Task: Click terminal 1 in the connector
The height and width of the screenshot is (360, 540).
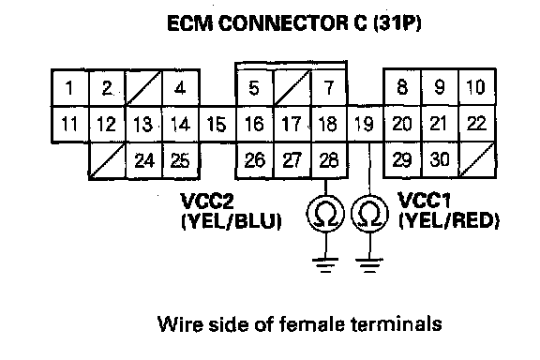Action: tap(70, 88)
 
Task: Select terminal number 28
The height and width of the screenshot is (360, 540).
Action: tap(329, 160)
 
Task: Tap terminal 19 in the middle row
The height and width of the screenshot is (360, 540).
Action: tap(365, 124)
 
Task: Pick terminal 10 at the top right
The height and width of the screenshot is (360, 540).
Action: tap(477, 87)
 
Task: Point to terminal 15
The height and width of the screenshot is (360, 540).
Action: tap(217, 124)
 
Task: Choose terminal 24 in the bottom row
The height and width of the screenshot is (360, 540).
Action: tap(144, 160)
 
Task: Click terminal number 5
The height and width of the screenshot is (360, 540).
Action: tap(255, 88)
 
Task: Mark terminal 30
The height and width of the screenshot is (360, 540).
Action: tap(440, 160)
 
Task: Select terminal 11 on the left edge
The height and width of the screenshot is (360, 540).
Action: tap(70, 124)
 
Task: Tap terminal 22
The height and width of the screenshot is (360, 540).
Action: tap(477, 124)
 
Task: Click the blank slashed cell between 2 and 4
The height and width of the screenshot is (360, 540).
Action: tap(144, 88)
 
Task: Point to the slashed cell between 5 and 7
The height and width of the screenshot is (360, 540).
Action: tap(292, 88)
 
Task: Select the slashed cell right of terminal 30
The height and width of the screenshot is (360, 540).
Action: tap(477, 160)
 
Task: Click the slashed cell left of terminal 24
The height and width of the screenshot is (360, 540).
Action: tap(108, 160)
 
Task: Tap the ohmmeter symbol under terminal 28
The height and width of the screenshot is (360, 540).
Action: tap(325, 214)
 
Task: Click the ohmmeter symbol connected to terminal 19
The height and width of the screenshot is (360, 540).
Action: tap(370, 214)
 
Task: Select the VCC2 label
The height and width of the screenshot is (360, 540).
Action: tap(207, 202)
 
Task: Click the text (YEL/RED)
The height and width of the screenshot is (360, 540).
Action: tap(449, 220)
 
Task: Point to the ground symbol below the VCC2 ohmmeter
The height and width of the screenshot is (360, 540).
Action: tap(325, 265)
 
